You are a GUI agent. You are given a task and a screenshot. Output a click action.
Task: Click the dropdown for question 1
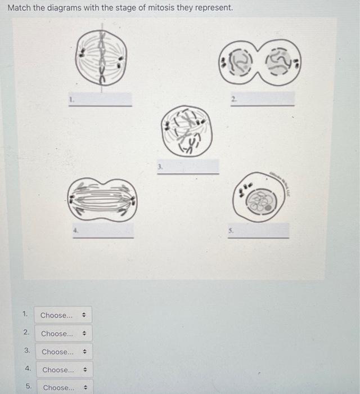(x=62, y=315)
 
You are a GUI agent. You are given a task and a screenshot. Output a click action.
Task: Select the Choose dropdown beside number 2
(x=63, y=334)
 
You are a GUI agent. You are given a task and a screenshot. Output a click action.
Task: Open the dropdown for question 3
(x=64, y=352)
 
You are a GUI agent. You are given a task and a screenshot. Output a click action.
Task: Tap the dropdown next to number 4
(x=64, y=370)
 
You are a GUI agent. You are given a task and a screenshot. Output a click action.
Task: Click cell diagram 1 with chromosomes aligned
(x=102, y=57)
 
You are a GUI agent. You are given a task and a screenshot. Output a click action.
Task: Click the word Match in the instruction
(x=19, y=8)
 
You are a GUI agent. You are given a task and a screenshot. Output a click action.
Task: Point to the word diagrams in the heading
(x=64, y=8)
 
